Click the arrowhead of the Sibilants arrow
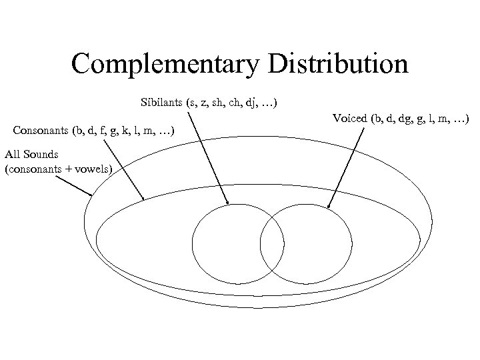[x=227, y=203]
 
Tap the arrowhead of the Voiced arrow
[x=329, y=206]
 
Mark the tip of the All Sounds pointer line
[x=92, y=195]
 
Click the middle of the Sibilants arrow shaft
[x=207, y=157]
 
